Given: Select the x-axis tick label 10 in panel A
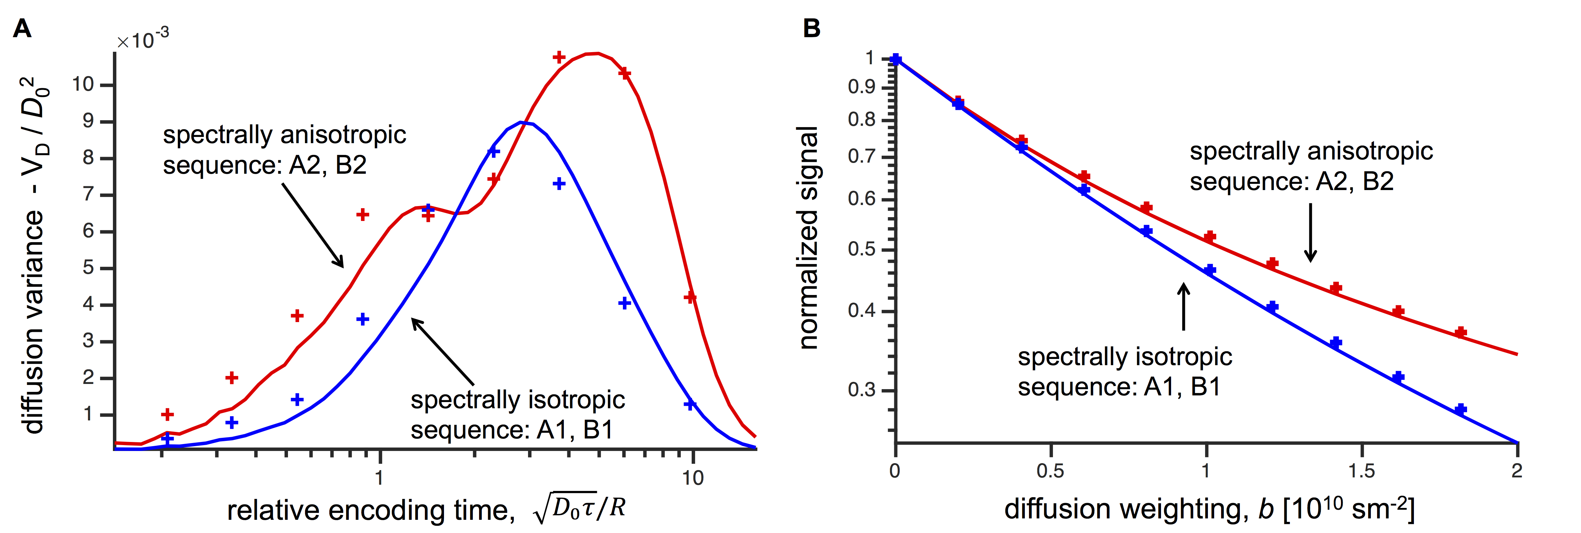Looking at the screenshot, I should click(x=693, y=478).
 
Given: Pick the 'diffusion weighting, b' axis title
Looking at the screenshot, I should click(x=1209, y=509).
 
